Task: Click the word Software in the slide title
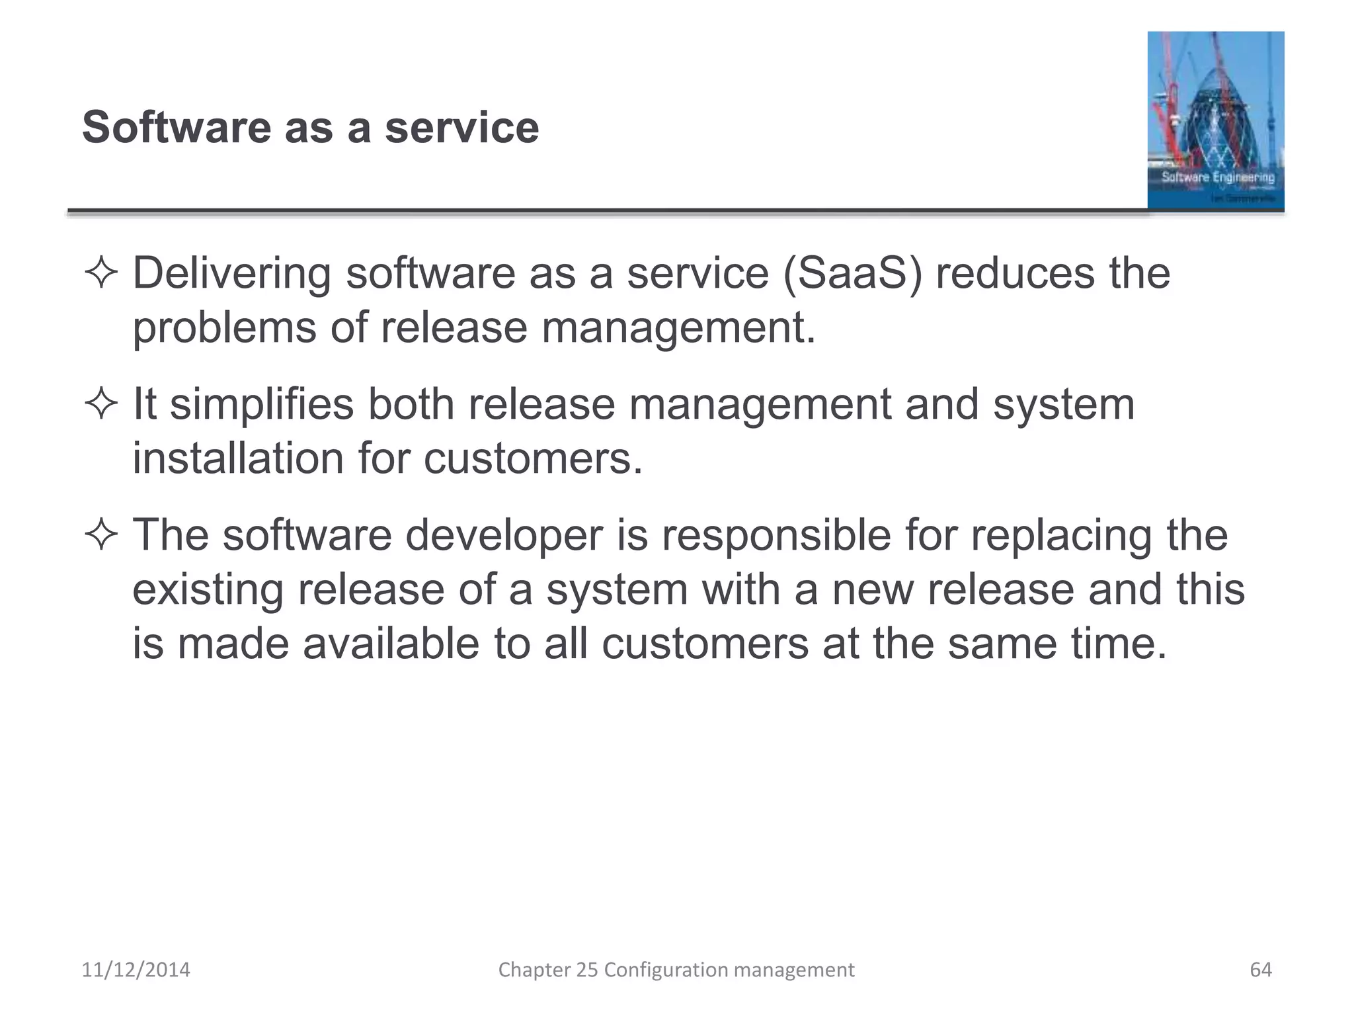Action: (x=177, y=127)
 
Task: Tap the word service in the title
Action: (x=461, y=127)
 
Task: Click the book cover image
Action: (x=1215, y=120)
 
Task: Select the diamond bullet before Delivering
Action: (x=101, y=273)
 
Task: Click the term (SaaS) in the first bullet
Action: (x=852, y=273)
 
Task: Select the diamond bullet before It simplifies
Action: (x=101, y=404)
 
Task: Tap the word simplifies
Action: (x=262, y=404)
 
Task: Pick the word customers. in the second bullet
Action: (x=533, y=458)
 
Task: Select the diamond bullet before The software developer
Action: (x=101, y=535)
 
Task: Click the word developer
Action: (x=504, y=535)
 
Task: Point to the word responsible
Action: (x=776, y=535)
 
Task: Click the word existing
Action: (x=208, y=589)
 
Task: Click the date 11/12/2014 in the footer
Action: (x=136, y=970)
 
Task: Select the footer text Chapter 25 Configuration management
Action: (x=676, y=970)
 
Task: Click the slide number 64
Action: (x=1260, y=970)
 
